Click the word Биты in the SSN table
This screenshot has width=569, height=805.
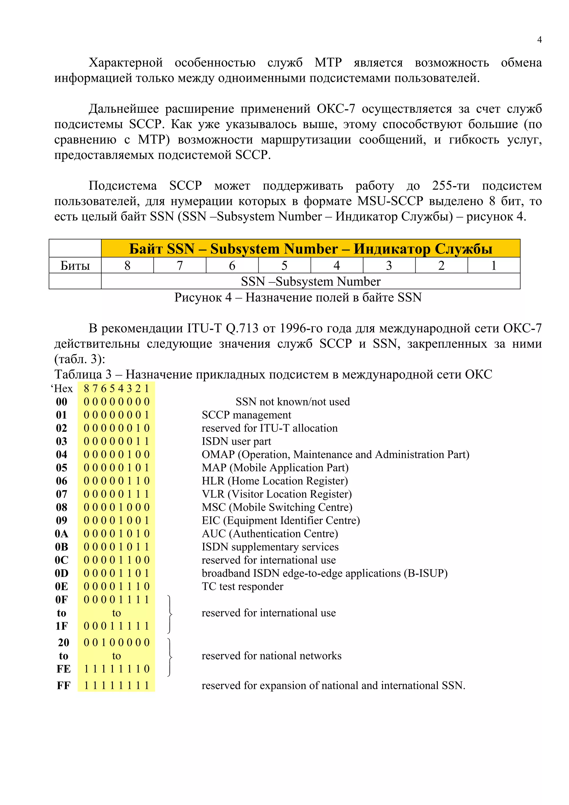pos(75,265)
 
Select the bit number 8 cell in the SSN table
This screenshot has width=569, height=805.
pos(127,265)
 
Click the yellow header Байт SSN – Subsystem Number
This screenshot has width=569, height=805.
pos(310,249)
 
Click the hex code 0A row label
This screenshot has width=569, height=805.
pos(61,534)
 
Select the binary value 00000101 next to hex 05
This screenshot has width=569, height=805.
pos(116,468)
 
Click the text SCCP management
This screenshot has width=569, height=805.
pos(246,415)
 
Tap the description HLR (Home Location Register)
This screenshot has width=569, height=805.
pos(274,481)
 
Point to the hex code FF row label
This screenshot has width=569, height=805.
pos(63,686)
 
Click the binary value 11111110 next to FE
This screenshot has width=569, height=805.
pos(116,669)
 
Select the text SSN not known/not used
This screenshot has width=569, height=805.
pos(292,401)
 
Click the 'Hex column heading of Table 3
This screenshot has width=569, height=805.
pos(62,389)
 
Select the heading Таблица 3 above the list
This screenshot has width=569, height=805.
pos(83,374)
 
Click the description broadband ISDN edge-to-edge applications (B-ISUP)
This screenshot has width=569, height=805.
pos(324,573)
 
